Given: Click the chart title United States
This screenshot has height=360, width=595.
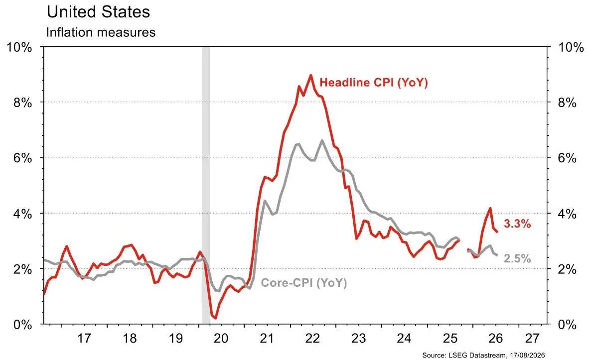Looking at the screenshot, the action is point(98,12).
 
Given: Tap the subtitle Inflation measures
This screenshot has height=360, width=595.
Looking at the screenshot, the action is point(101,32).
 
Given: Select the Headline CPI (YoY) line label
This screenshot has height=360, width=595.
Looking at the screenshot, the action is point(373,82).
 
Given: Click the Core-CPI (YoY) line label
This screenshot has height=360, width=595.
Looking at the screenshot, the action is point(304,283).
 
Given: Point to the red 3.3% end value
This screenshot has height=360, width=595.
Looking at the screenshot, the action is point(517,224).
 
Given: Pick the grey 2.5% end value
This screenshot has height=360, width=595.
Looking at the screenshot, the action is point(517,258).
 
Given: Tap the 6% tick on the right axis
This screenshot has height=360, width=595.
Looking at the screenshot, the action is point(567,158).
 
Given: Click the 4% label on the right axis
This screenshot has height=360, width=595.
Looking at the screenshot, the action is point(567,214).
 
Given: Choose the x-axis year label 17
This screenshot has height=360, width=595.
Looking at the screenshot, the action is point(84,338).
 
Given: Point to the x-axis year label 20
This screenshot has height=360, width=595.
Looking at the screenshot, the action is point(221,338).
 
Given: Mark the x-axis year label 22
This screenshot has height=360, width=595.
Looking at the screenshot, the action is point(312,338).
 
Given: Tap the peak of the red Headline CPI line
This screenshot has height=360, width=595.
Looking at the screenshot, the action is point(311,75).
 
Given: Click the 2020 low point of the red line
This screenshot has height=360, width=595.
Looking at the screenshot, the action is point(216,318).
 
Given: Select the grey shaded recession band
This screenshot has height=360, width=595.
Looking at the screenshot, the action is point(206,185).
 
